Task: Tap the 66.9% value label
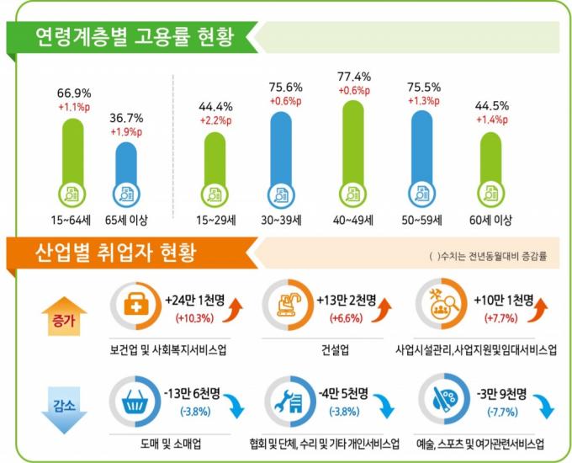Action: [x=74, y=93]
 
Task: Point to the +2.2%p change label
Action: [x=215, y=121]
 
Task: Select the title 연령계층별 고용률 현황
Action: [x=133, y=36]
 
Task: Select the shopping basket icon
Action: [x=135, y=403]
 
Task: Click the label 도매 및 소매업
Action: [x=167, y=444]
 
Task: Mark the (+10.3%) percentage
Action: [x=195, y=319]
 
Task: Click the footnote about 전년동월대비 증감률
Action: [x=487, y=255]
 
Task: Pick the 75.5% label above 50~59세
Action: [x=424, y=86]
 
